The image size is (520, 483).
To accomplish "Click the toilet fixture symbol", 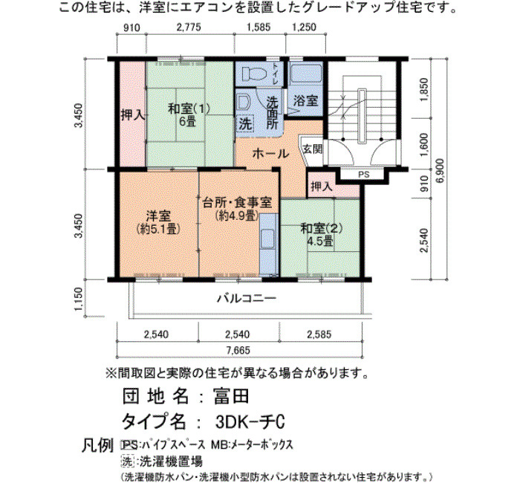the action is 254,74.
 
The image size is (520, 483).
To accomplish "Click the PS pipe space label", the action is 364,175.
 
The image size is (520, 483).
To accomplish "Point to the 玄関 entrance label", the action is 313,149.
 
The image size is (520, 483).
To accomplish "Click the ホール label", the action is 270,154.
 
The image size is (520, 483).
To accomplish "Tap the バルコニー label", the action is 247,299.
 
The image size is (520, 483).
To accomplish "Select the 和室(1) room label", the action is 189,108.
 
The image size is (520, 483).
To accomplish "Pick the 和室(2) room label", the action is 321,228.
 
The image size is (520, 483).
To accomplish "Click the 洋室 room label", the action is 158,216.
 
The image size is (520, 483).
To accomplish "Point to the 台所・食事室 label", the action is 238,202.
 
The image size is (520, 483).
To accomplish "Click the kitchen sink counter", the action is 269,244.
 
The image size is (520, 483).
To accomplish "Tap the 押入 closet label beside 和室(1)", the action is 133,115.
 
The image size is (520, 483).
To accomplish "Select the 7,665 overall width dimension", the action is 239,350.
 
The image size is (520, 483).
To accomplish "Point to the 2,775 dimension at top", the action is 189,27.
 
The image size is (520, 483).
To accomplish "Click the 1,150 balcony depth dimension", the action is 78,299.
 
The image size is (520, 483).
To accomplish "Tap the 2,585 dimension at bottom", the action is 319,334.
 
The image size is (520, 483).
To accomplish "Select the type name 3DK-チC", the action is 250,422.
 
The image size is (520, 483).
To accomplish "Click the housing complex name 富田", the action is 231,396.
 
